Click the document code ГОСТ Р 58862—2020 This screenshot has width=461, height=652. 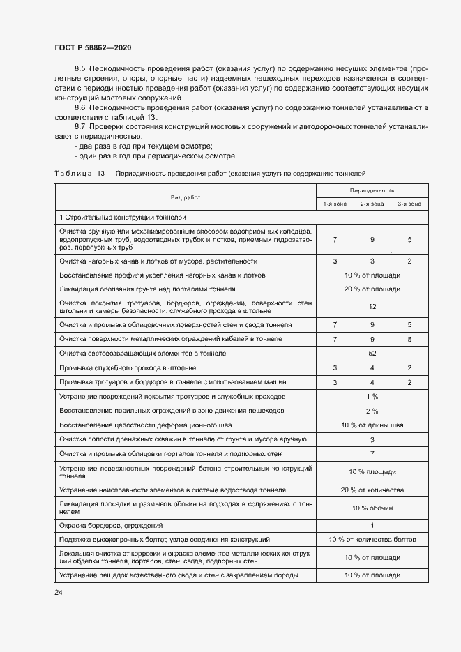coord(92,47)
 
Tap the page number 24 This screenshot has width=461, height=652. coord(59,592)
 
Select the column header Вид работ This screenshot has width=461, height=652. coord(185,197)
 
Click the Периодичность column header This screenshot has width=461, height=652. coord(372,190)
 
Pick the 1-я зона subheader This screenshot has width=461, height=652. coord(335,204)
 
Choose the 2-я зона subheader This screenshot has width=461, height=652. coord(372,204)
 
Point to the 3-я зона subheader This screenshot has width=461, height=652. coord(409,204)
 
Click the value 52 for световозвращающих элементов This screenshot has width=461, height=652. coord(372,354)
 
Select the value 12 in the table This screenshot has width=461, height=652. coord(372,306)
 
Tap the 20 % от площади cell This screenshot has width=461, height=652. coord(372,289)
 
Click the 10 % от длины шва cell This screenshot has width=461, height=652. coord(372,425)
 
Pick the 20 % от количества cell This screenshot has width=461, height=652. coord(372,490)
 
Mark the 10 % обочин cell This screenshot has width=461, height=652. coord(372,508)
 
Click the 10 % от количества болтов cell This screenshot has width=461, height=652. coord(372,539)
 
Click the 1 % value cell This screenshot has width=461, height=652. coord(372,396)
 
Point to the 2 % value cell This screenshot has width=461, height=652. coord(372,411)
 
